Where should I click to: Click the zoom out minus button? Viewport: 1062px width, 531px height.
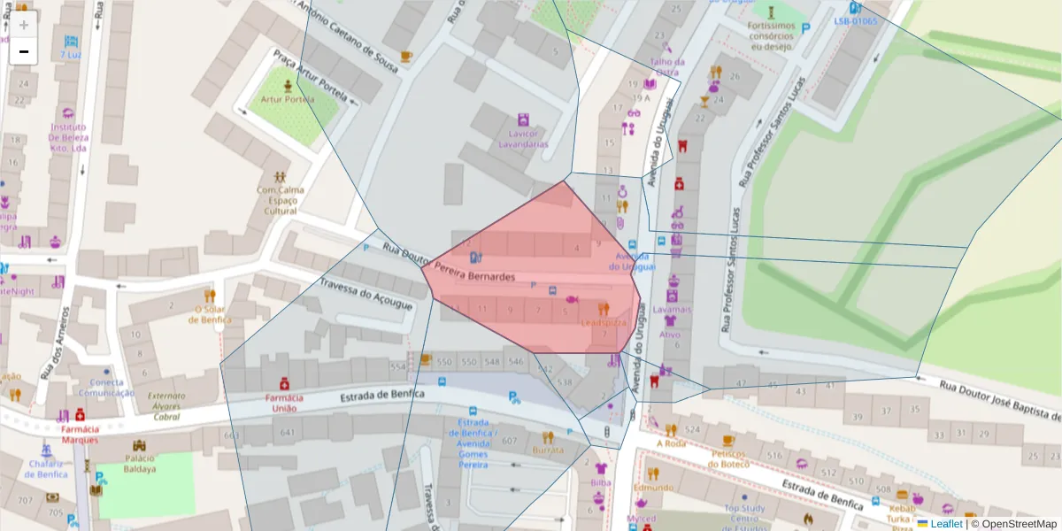point(24,52)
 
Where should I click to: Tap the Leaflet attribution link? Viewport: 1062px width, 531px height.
point(946,524)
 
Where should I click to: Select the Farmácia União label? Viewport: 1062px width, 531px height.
point(284,404)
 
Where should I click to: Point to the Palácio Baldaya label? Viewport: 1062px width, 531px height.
point(139,464)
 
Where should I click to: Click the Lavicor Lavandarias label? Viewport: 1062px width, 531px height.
point(523,139)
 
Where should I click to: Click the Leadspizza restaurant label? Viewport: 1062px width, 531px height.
point(604,323)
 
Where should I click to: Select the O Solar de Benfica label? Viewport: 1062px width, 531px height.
point(210,314)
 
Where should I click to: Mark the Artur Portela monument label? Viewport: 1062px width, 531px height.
point(288,99)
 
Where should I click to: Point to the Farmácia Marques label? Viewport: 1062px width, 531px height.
point(80,434)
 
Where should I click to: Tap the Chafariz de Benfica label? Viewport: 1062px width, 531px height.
point(46,468)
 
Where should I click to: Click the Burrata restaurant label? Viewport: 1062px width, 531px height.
point(548,450)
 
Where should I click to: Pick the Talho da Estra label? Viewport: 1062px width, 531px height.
point(667,67)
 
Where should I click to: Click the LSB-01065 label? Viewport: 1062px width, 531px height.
point(855,20)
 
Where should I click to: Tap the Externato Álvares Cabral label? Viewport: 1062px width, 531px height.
point(166,406)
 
